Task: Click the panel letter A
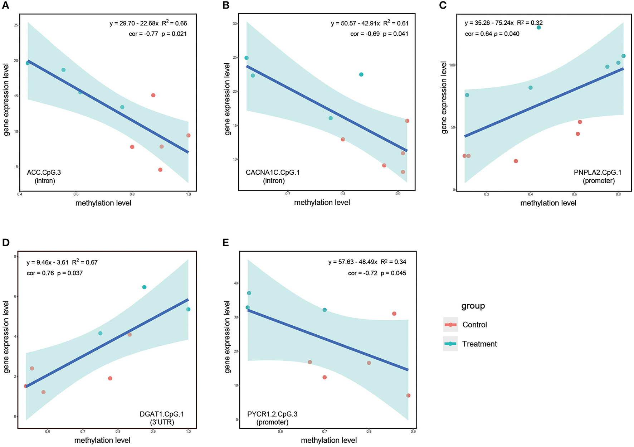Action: pos(6,6)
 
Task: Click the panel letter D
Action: pos(6,243)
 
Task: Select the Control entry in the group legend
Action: pos(474,325)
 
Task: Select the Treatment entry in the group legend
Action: pos(479,344)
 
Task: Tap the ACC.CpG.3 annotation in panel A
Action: pos(44,173)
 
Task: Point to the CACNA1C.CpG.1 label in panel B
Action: pos(273,173)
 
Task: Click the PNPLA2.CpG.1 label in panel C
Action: pos(598,173)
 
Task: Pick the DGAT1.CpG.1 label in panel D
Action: pos(162,414)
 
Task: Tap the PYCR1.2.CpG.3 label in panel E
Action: pos(272,414)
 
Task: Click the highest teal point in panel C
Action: pos(538,28)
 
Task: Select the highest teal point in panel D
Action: pos(144,287)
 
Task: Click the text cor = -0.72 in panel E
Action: pos(362,273)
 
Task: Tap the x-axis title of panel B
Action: pos(322,203)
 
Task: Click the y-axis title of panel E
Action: pos(227,336)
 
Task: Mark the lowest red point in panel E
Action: pos(408,395)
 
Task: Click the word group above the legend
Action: pos(473,306)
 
